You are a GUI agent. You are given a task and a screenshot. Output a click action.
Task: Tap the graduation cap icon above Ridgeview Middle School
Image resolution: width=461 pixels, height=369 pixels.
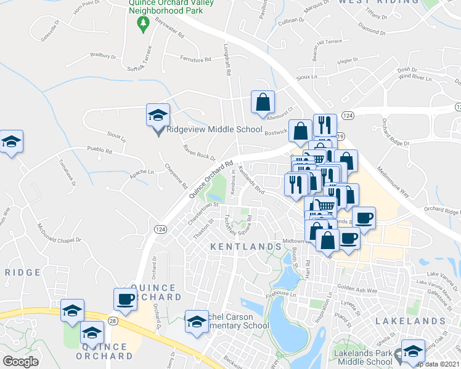(x=157, y=114)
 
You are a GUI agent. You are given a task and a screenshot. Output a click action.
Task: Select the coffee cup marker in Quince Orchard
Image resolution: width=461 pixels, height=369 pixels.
(x=126, y=299)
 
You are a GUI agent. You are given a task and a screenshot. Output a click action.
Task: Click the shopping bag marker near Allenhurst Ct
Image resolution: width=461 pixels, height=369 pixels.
(x=263, y=102)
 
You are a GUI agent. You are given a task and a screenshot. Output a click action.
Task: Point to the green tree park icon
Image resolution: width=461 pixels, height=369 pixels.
(x=144, y=24)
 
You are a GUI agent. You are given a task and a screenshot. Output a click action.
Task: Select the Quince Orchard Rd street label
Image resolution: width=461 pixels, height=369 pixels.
(x=211, y=180)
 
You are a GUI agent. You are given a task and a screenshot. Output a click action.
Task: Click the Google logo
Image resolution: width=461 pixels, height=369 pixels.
(x=20, y=362)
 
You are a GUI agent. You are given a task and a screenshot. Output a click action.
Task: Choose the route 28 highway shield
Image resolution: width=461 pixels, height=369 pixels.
(x=112, y=321)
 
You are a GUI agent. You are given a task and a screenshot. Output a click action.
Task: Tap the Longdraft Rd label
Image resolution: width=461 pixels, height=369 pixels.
(x=227, y=62)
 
